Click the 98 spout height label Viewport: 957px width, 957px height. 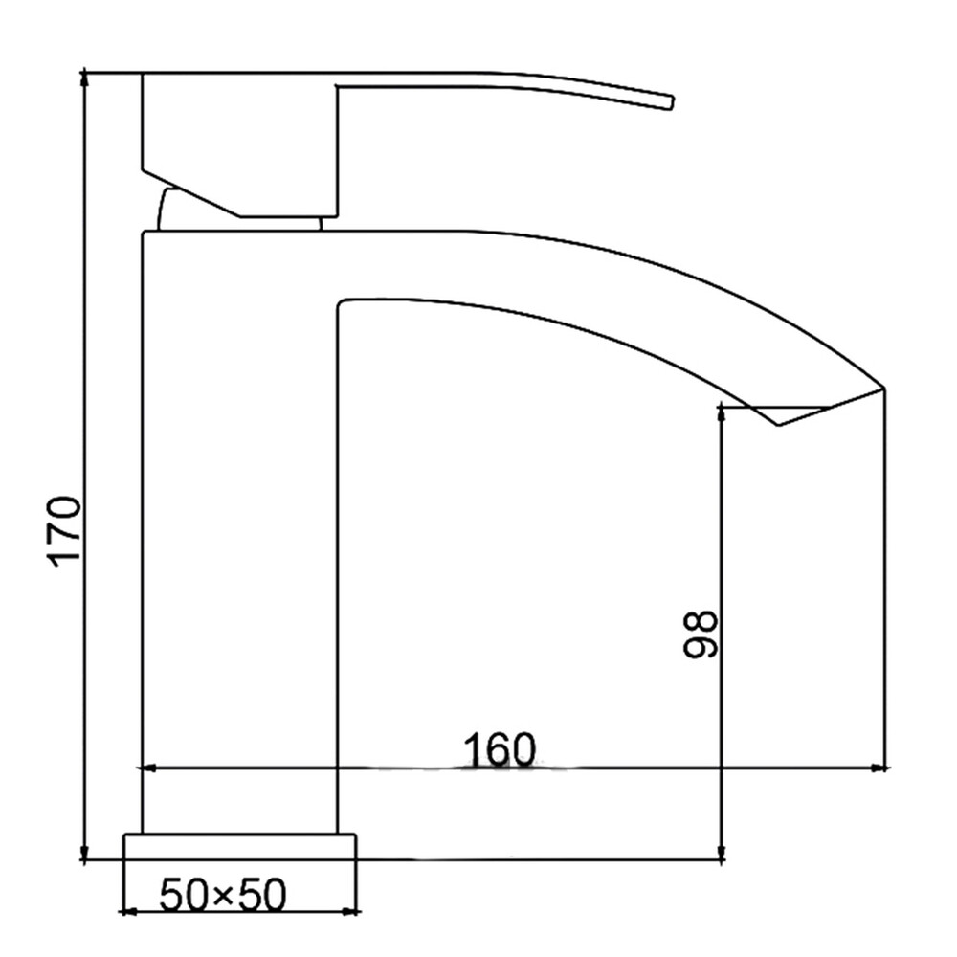pos(700,634)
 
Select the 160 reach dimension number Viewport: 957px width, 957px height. pos(500,749)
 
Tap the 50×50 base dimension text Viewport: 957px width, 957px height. pos(223,896)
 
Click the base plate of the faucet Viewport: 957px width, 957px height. pos(240,847)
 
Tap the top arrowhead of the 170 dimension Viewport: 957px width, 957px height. pos(85,79)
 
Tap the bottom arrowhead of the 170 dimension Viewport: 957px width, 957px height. pos(85,852)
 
